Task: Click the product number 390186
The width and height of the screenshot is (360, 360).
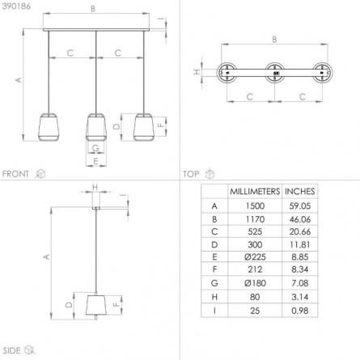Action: (16, 6)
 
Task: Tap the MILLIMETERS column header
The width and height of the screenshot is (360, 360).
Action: (255, 192)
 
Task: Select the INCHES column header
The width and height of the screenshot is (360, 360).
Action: (299, 192)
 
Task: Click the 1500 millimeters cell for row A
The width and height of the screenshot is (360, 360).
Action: (255, 206)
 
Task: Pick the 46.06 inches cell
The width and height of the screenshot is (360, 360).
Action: (300, 219)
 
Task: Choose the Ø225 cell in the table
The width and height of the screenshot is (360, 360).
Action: (255, 257)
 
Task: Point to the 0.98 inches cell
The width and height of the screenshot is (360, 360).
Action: (300, 311)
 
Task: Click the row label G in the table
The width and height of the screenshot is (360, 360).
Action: (214, 283)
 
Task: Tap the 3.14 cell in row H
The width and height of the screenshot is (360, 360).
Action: (300, 297)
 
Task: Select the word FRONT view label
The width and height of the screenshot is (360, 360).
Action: (15, 174)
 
